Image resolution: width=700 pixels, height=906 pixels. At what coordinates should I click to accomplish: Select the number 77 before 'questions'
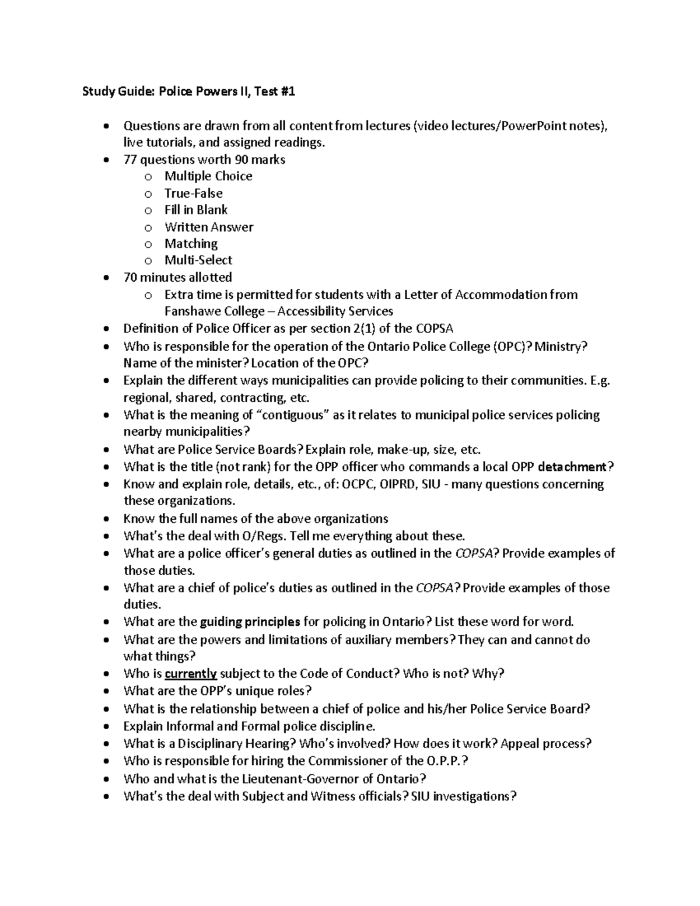click(130, 159)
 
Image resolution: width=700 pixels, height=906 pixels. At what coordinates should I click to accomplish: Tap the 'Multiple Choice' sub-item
click(208, 176)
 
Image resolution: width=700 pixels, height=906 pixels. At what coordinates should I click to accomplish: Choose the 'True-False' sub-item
click(193, 193)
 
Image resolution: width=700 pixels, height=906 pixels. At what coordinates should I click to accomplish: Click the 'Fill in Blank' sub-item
click(195, 210)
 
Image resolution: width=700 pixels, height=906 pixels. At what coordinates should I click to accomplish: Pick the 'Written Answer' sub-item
click(209, 227)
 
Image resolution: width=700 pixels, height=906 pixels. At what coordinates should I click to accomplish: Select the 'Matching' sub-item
click(191, 243)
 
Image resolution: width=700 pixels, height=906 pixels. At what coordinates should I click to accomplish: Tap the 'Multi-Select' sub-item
click(198, 260)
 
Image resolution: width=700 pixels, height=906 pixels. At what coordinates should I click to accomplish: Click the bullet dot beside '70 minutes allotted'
click(105, 278)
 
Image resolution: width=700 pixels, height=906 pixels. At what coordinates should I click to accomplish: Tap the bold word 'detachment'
click(572, 467)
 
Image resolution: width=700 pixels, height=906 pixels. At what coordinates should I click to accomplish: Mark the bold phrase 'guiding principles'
click(250, 621)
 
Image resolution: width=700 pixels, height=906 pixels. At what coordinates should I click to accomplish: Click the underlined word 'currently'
click(191, 674)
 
